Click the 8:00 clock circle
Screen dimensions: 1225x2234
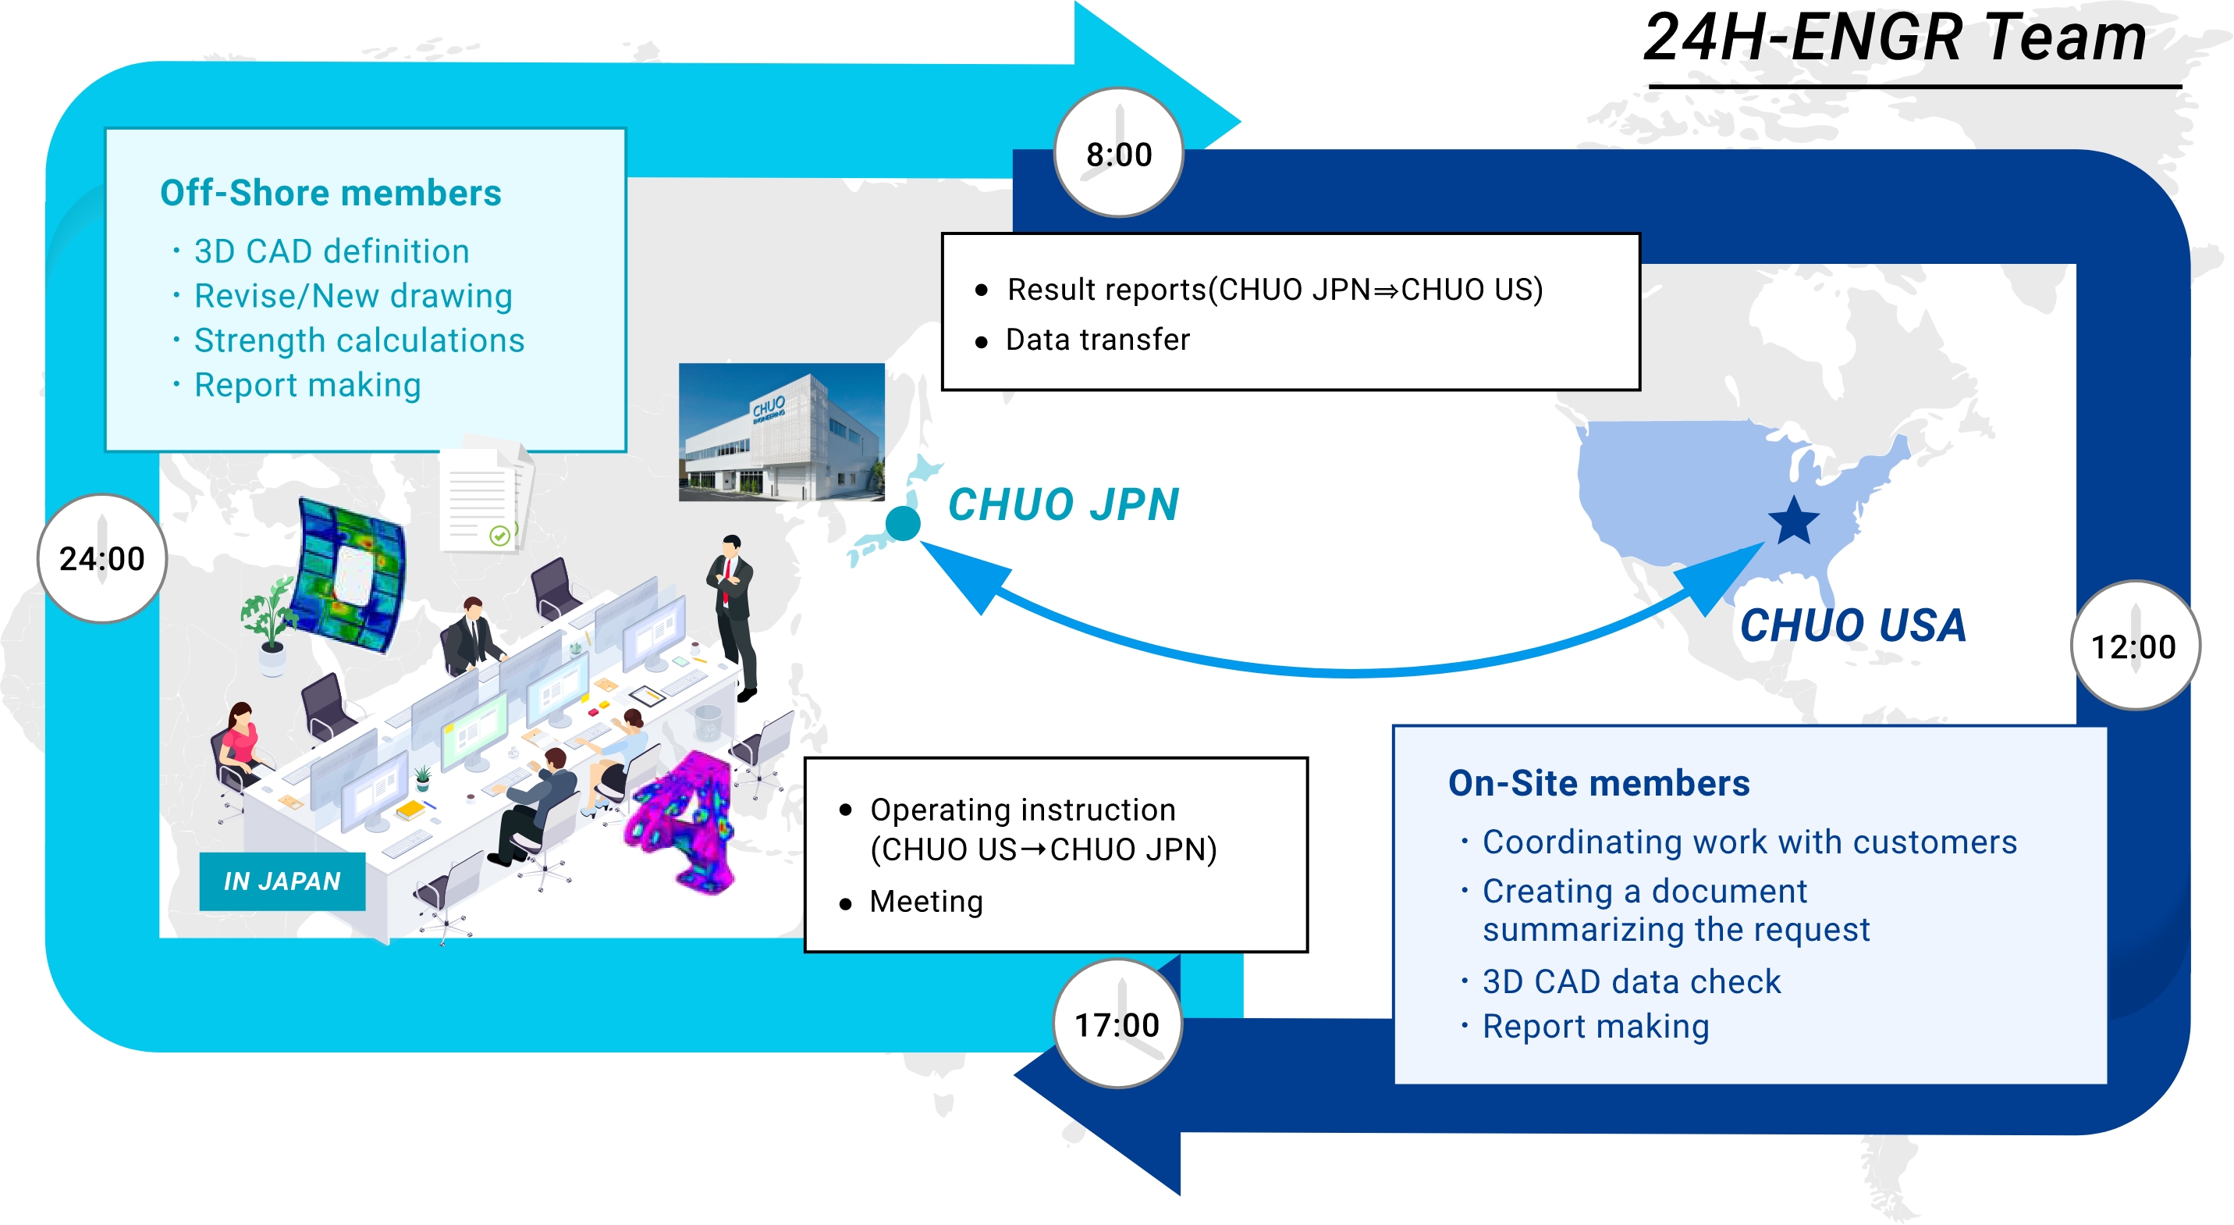pos(1118,154)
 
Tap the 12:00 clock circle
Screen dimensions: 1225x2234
pos(2133,646)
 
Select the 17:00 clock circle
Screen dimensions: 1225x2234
pos(1117,1024)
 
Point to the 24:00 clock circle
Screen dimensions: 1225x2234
pos(101,559)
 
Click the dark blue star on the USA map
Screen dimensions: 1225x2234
pos(1792,522)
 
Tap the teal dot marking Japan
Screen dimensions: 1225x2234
pos(902,523)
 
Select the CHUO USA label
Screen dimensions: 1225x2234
pos(1852,625)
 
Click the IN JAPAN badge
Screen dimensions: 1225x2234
pos(282,881)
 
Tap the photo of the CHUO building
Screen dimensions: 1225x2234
pos(780,432)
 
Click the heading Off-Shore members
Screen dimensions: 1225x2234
pos(330,193)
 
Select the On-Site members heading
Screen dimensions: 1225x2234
pos(1598,782)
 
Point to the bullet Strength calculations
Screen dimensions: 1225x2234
pos(358,340)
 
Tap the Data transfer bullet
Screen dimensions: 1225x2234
pos(1097,339)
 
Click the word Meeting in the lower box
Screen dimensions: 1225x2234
pos(926,902)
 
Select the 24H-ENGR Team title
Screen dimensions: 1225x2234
pos(1895,39)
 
